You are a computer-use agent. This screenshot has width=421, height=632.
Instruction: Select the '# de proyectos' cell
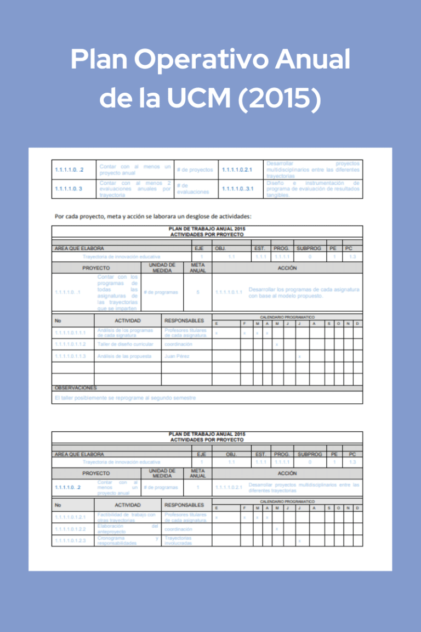[x=195, y=170]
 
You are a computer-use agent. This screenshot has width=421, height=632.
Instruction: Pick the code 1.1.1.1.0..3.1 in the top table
[x=237, y=189]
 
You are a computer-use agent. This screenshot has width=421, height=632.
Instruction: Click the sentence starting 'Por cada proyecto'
[x=153, y=216]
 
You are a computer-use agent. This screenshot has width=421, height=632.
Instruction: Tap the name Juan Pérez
[x=177, y=357]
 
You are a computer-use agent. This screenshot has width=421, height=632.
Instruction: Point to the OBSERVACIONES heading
[x=75, y=388]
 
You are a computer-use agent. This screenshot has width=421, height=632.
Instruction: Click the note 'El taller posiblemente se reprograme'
[x=125, y=398]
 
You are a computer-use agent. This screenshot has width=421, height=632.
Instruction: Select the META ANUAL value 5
[x=198, y=292]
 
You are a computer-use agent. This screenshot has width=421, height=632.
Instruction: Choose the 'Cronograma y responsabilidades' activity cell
[x=127, y=540]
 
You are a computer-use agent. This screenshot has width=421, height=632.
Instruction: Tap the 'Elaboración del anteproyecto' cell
[x=127, y=529]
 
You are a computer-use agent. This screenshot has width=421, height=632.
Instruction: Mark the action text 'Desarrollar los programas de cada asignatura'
[x=304, y=292]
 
